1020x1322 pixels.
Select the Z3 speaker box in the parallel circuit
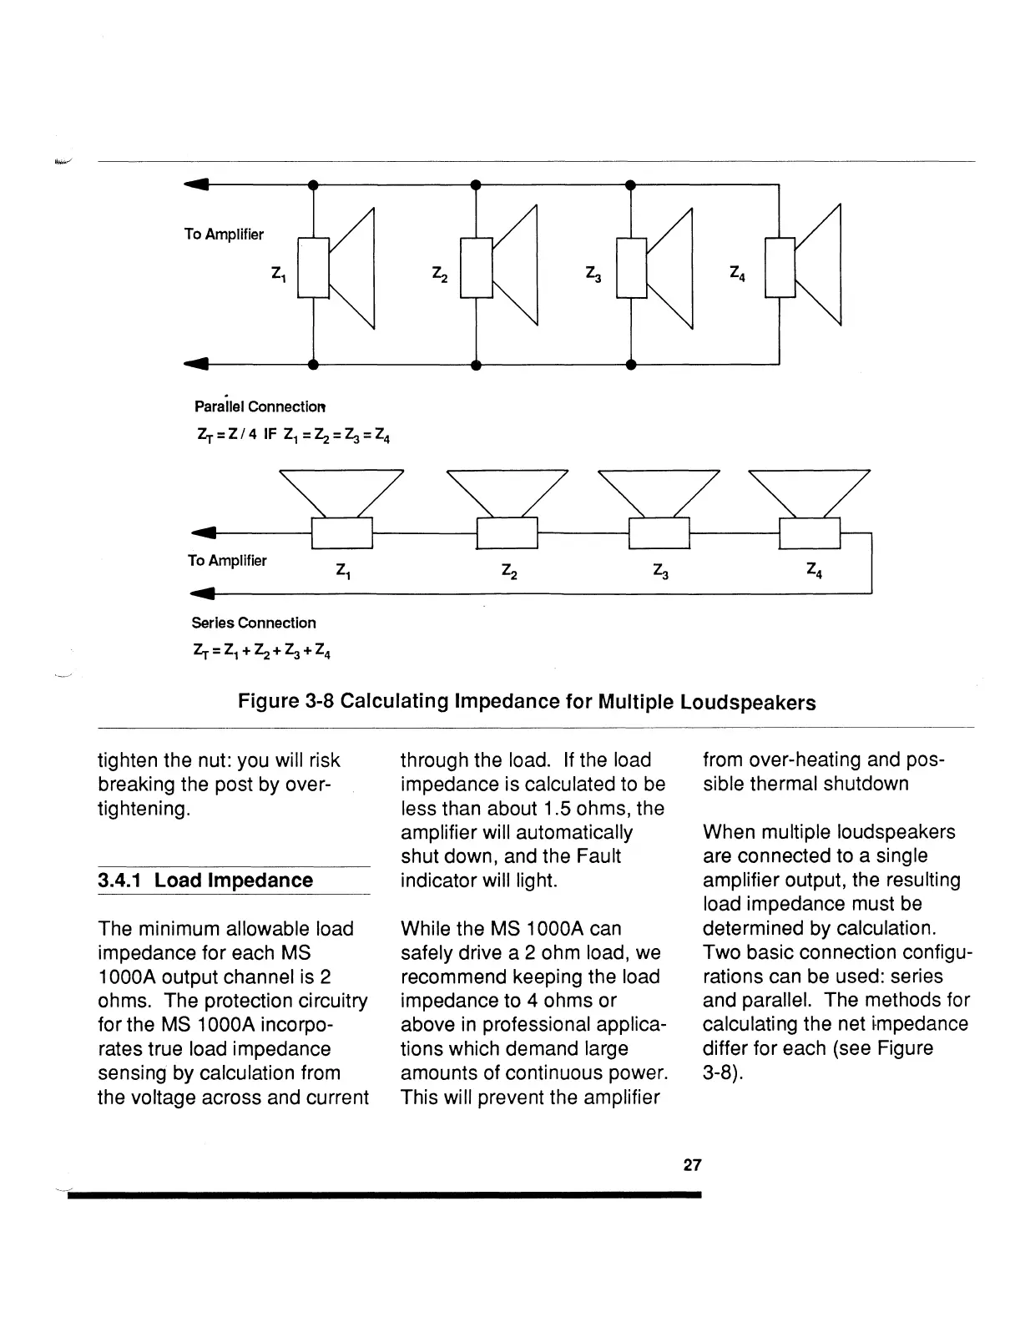(x=631, y=267)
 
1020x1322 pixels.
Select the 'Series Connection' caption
(x=254, y=623)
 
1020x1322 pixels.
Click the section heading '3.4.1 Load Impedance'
(x=205, y=880)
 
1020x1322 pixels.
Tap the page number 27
(x=692, y=1165)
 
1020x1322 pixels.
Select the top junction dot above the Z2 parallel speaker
(x=474, y=184)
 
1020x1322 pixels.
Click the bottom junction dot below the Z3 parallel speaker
(x=631, y=365)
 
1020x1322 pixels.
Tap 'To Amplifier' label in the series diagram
(x=227, y=561)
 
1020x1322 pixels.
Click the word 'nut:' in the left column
(x=216, y=760)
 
